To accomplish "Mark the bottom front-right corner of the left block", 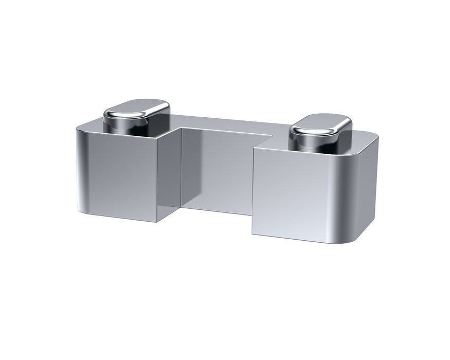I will click(x=157, y=222).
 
